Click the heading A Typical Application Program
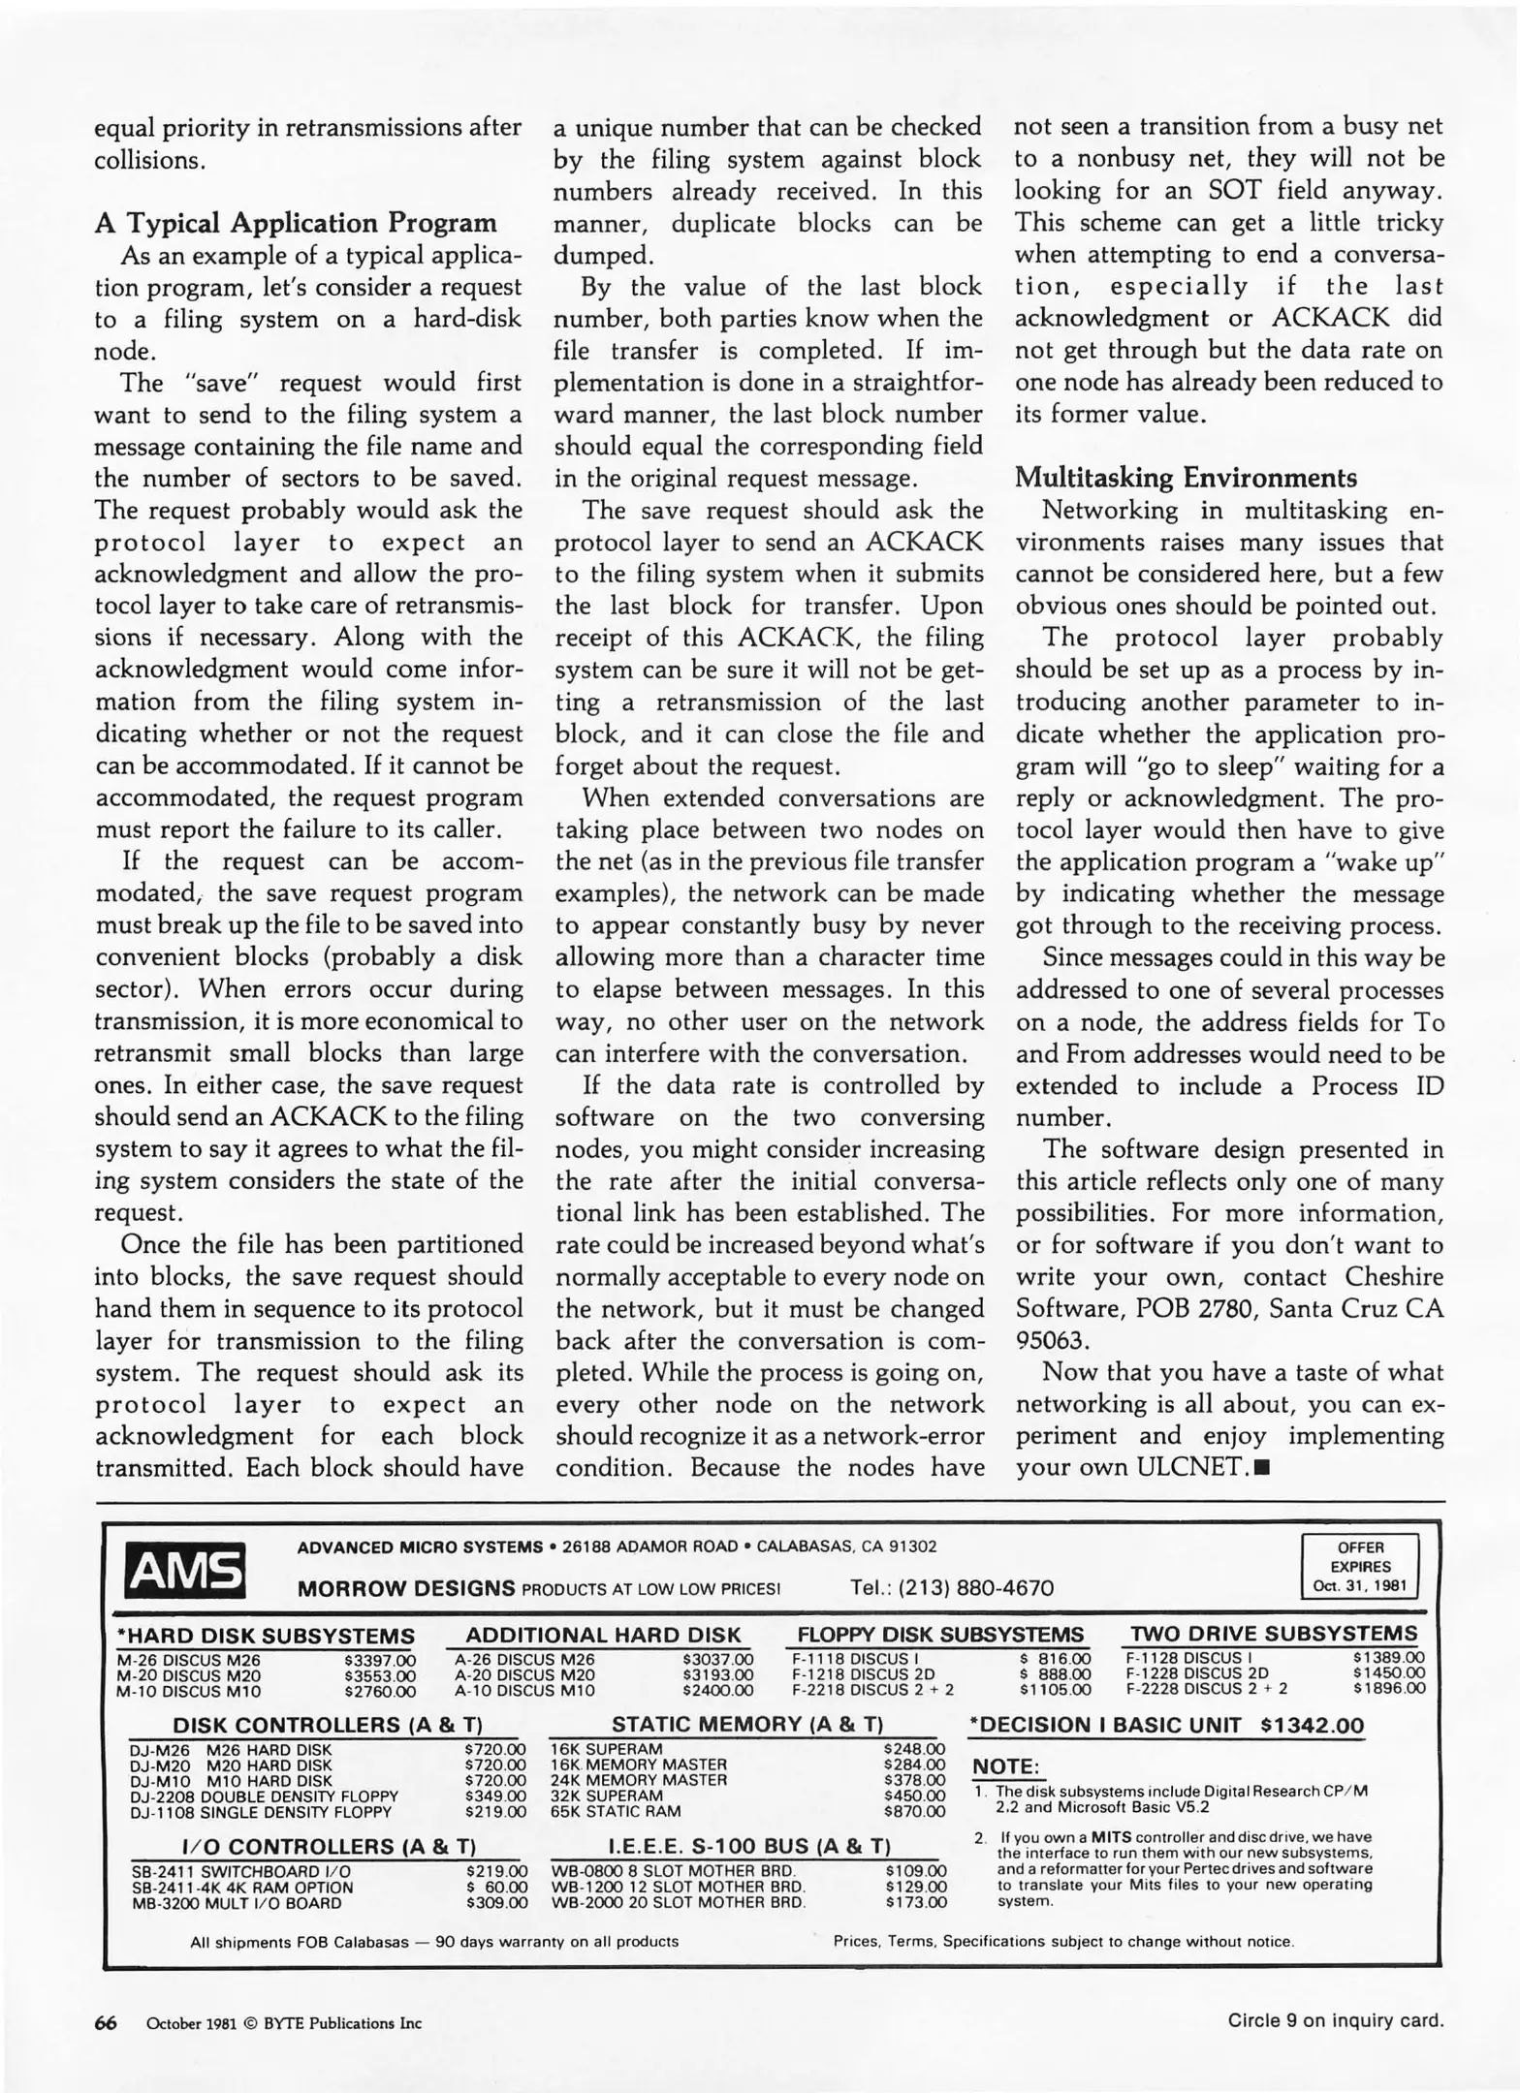[x=296, y=223]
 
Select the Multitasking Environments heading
[x=1186, y=478]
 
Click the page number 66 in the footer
[x=106, y=2022]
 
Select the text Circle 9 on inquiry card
[x=1335, y=2020]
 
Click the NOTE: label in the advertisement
[x=1004, y=1766]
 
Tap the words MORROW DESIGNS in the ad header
[x=406, y=1588]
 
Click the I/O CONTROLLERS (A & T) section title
[x=329, y=1846]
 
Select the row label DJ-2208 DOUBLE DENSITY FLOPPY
[x=264, y=1796]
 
